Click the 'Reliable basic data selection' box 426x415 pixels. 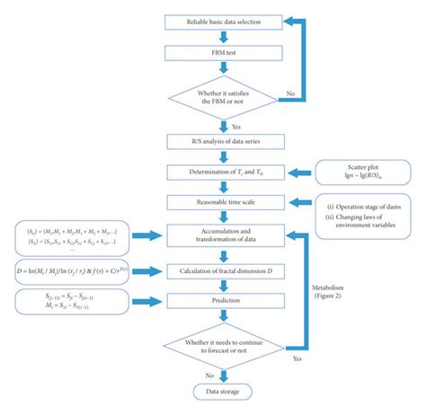pos(223,21)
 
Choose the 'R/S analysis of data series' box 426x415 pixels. pos(223,141)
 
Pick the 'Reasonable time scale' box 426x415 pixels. pos(223,205)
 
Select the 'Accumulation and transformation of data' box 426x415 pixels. pos(223,236)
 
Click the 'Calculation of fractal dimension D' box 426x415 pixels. pos(223,270)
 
